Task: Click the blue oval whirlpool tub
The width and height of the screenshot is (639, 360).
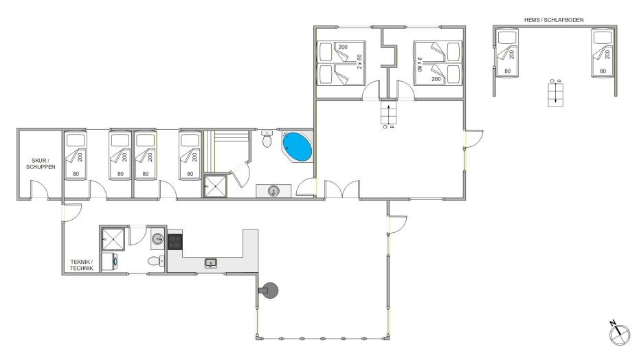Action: [298, 147]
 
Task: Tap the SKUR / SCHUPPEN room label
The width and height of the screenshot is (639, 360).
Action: [41, 164]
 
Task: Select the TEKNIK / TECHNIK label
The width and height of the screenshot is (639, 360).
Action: [82, 265]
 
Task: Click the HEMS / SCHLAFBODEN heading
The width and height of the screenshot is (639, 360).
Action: [554, 19]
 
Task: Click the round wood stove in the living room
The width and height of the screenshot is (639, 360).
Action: [269, 291]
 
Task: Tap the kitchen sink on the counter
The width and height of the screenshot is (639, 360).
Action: [211, 263]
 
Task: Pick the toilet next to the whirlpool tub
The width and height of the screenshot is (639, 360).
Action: [267, 139]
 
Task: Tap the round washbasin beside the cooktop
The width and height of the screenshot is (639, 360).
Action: [158, 238]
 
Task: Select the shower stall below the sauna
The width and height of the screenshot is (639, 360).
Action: [215, 186]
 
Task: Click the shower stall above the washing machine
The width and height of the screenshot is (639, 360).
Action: [113, 239]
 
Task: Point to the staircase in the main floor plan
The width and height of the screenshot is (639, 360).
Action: [388, 113]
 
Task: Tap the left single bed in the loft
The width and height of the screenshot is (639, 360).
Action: [507, 53]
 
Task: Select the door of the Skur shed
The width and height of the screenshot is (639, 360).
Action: [40, 191]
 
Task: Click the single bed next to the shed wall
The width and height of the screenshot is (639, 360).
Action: [76, 155]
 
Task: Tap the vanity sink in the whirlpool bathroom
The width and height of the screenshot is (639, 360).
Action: [273, 191]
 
